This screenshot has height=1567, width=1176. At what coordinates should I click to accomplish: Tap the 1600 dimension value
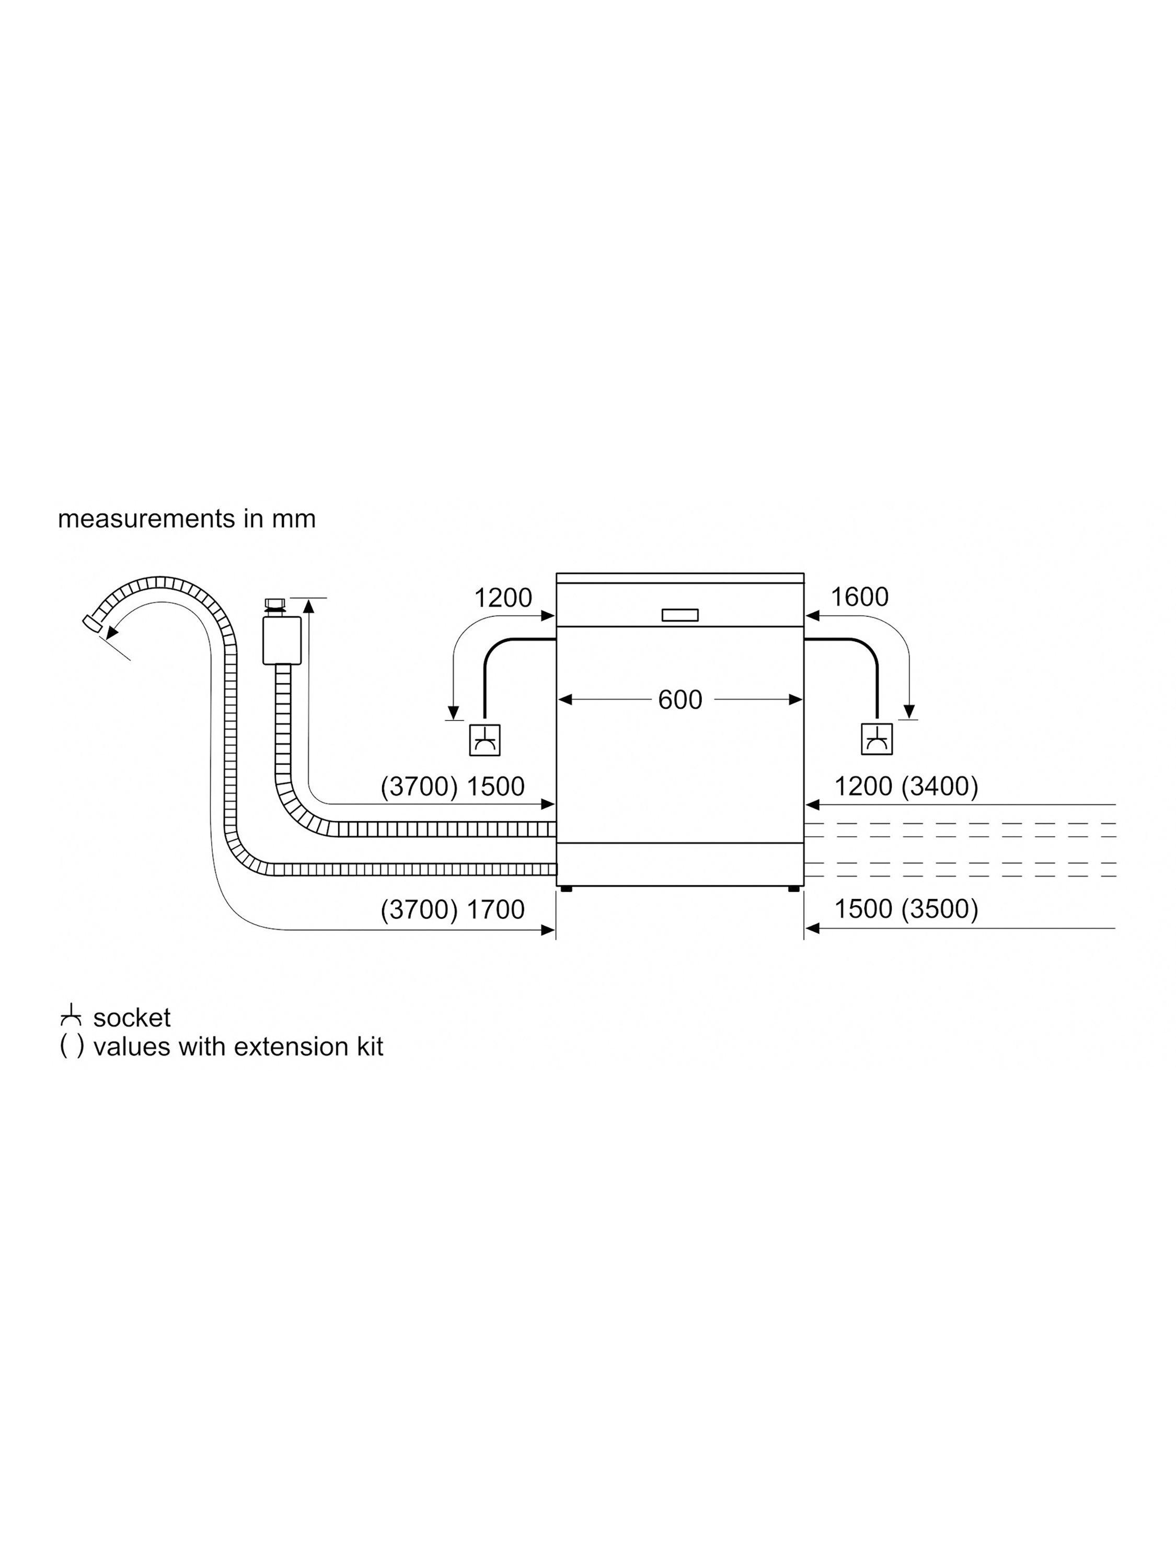[859, 597]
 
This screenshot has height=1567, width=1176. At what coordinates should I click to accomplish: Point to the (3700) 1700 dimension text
[452, 909]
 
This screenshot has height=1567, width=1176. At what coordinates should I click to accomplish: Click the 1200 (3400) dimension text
[906, 786]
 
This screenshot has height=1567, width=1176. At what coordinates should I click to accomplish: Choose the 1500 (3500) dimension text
[906, 909]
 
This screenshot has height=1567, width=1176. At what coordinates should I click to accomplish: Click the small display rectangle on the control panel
[680, 615]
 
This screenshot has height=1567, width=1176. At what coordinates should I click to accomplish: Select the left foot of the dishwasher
[565, 888]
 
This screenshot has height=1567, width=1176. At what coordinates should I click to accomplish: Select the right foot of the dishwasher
[794, 888]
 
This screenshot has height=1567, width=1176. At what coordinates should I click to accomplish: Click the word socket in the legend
[132, 1018]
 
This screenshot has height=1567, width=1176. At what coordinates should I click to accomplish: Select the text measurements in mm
[187, 519]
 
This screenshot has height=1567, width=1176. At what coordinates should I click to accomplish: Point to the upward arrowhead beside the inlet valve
[308, 604]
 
